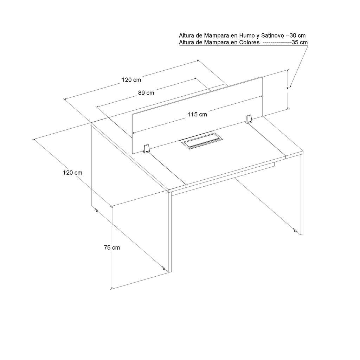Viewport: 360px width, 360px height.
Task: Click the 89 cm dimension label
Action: click(146, 93)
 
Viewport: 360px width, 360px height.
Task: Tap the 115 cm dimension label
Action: click(197, 114)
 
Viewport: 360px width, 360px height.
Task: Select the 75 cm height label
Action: click(112, 247)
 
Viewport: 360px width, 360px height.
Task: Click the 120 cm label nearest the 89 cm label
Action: click(131, 80)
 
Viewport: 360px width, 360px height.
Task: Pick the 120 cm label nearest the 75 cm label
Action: click(72, 173)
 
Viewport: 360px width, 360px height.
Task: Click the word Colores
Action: click(249, 43)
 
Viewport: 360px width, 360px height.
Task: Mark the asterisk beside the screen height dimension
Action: click(287, 89)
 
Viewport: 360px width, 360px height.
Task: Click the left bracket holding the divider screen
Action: click(146, 149)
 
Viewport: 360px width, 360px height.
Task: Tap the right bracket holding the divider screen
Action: click(249, 120)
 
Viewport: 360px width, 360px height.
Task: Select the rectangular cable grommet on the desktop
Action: click(202, 141)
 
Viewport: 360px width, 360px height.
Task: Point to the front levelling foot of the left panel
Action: click(163, 268)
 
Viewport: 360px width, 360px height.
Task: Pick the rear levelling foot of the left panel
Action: click(97, 210)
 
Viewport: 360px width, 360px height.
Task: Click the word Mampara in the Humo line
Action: click(217, 36)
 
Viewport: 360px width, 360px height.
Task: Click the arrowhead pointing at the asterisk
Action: click(290, 86)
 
